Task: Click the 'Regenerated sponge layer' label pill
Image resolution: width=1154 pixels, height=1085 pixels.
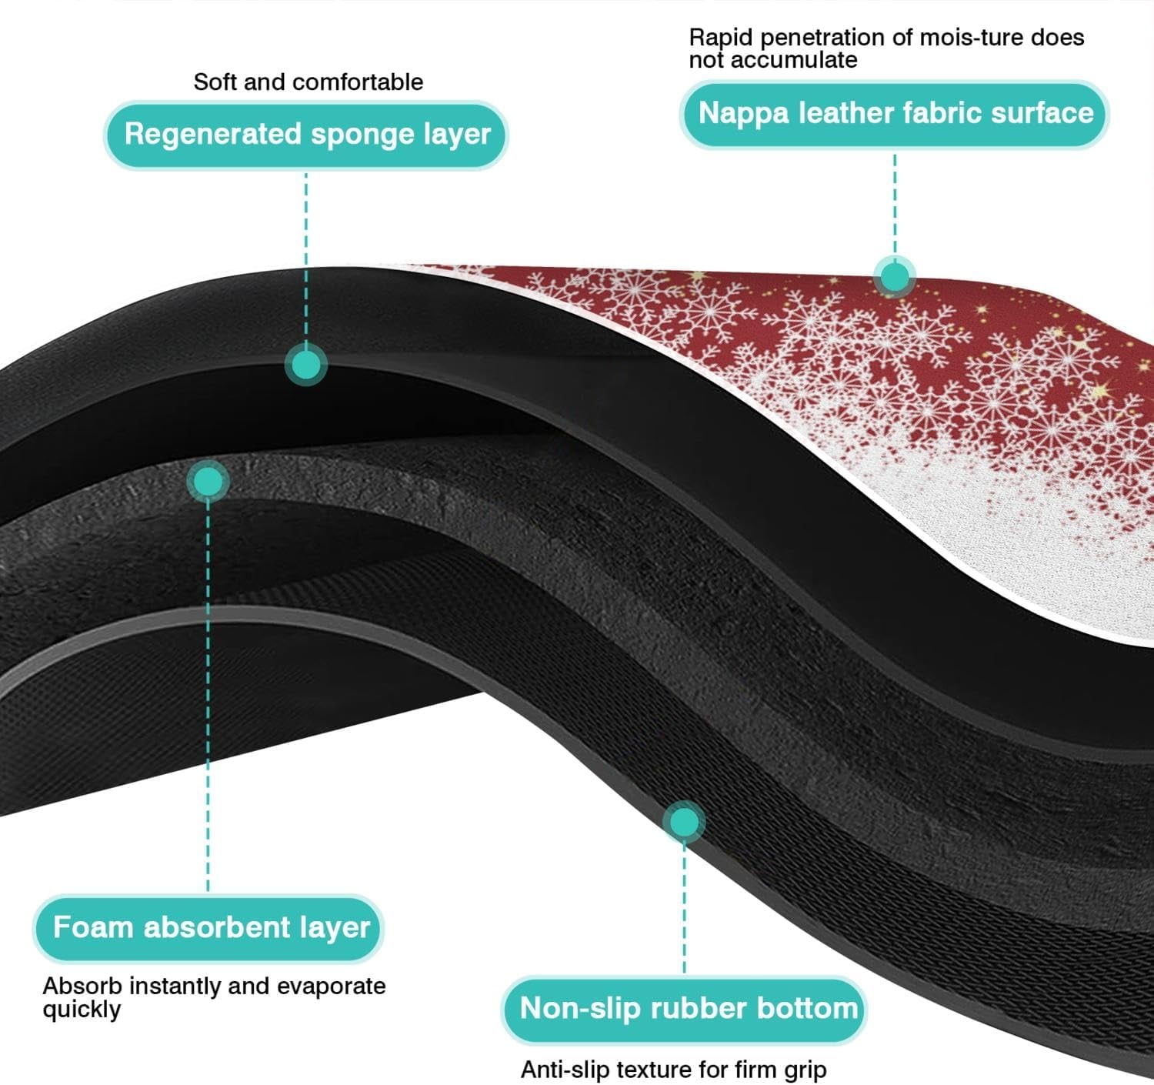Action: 306,135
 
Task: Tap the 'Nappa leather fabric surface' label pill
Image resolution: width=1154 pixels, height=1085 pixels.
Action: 894,114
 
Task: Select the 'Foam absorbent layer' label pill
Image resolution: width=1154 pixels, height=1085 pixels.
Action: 208,928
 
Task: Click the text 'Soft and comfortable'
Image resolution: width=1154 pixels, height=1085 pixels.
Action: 308,82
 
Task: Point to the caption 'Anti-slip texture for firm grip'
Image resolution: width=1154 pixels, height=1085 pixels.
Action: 673,1070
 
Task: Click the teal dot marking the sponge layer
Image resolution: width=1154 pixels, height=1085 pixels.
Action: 306,366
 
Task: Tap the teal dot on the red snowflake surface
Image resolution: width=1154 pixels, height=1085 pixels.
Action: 895,277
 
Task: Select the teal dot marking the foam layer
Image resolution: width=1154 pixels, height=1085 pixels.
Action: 208,482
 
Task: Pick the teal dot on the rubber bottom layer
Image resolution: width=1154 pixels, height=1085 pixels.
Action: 684,822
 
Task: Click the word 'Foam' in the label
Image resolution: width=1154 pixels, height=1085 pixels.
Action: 93,926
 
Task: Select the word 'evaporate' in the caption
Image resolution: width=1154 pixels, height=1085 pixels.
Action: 332,987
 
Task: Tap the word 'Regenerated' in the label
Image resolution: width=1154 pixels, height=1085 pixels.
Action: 213,135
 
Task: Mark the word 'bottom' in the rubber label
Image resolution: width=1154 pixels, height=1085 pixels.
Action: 807,1008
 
